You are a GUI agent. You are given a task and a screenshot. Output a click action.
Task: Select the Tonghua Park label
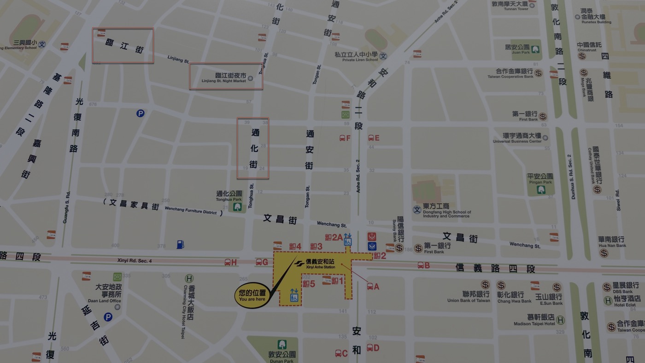pyautogui.click(x=229, y=196)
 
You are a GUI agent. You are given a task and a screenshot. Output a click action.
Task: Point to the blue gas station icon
pyautogui.click(x=180, y=245)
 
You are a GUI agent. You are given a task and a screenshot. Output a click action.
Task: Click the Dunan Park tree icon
pyautogui.click(x=281, y=344)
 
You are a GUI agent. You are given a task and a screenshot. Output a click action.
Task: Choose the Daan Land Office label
pyautogui.click(x=108, y=293)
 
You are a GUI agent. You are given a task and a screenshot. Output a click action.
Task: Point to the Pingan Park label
pyautogui.click(x=540, y=179)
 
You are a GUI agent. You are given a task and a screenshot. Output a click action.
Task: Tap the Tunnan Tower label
pyautogui.click(x=510, y=6)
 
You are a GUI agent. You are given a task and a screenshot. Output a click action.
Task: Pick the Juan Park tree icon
pyautogui.click(x=535, y=48)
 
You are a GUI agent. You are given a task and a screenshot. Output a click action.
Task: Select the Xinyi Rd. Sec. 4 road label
pyautogui.click(x=135, y=261)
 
